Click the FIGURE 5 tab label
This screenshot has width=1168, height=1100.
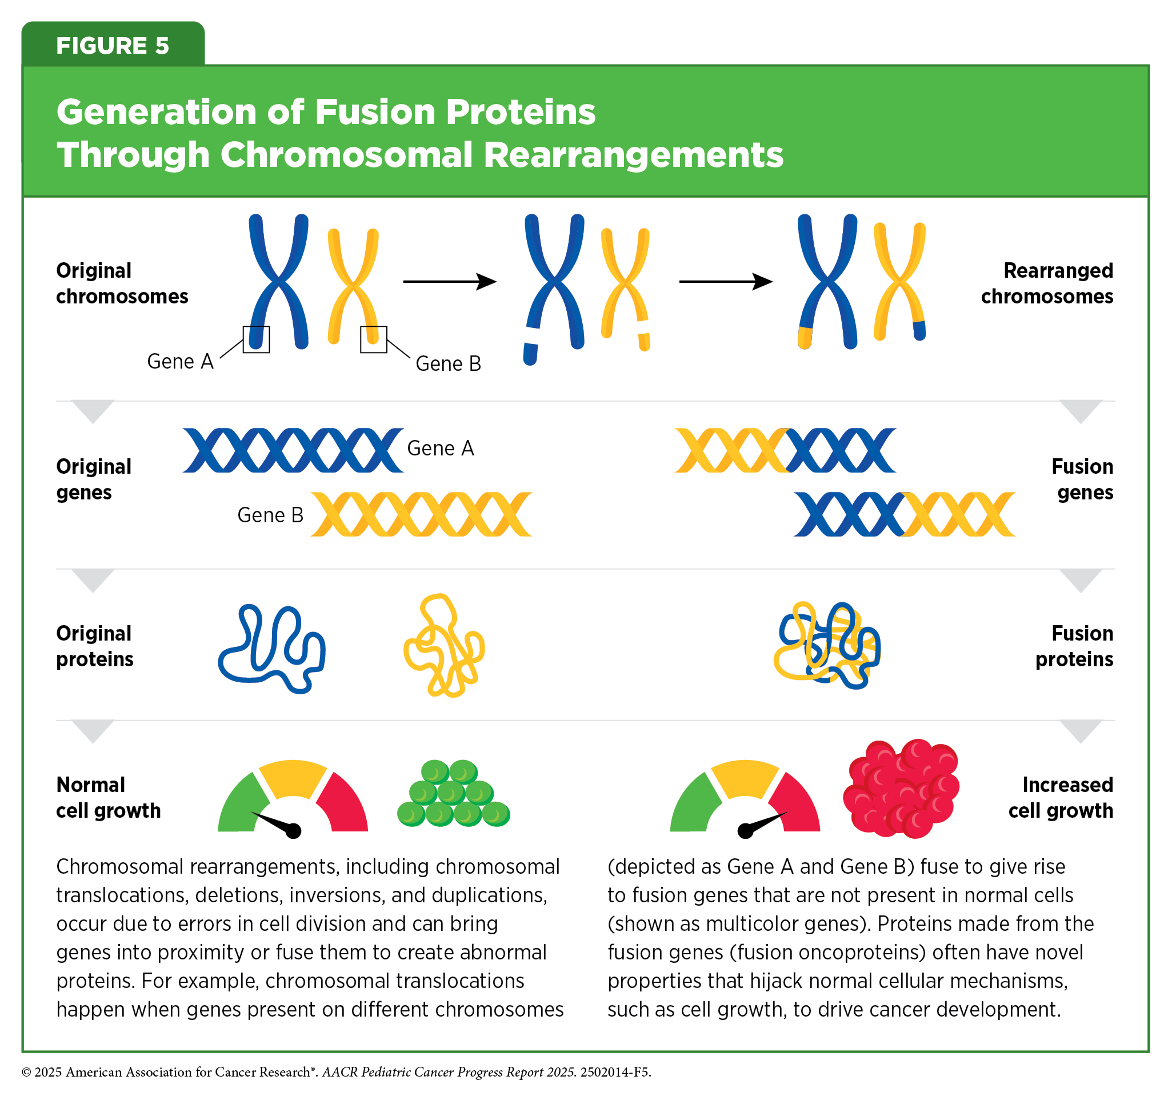coord(112,46)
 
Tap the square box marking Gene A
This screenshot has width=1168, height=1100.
coord(256,339)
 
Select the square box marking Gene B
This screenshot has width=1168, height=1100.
coord(374,339)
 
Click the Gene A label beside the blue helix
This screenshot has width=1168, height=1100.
coord(440,449)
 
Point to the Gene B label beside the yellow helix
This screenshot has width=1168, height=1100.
coord(270,515)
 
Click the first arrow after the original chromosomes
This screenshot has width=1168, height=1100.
coord(450,282)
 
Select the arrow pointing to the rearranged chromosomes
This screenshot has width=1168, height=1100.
coord(726,282)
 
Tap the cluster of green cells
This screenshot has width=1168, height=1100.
coord(453,794)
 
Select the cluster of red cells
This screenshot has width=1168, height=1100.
coord(901,787)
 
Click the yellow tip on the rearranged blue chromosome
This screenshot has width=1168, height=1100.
coord(805,337)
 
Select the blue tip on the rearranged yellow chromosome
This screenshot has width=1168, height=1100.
coord(919,330)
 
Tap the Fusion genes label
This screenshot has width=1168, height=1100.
coord(1082,479)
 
